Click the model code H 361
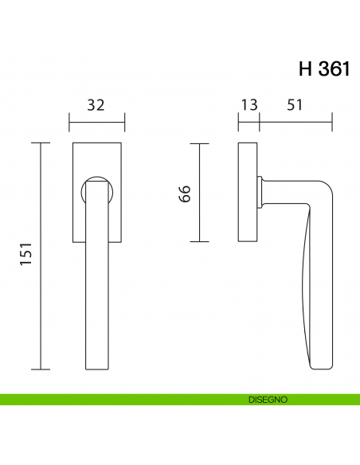(324, 68)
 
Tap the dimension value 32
(96, 105)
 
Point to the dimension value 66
(184, 193)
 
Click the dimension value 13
(248, 105)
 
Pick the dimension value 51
(295, 105)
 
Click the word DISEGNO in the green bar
(268, 399)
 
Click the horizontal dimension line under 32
(96, 123)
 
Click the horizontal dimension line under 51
(295, 123)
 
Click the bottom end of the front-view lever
(96, 367)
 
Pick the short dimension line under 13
(248, 123)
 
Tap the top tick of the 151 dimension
(40, 143)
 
